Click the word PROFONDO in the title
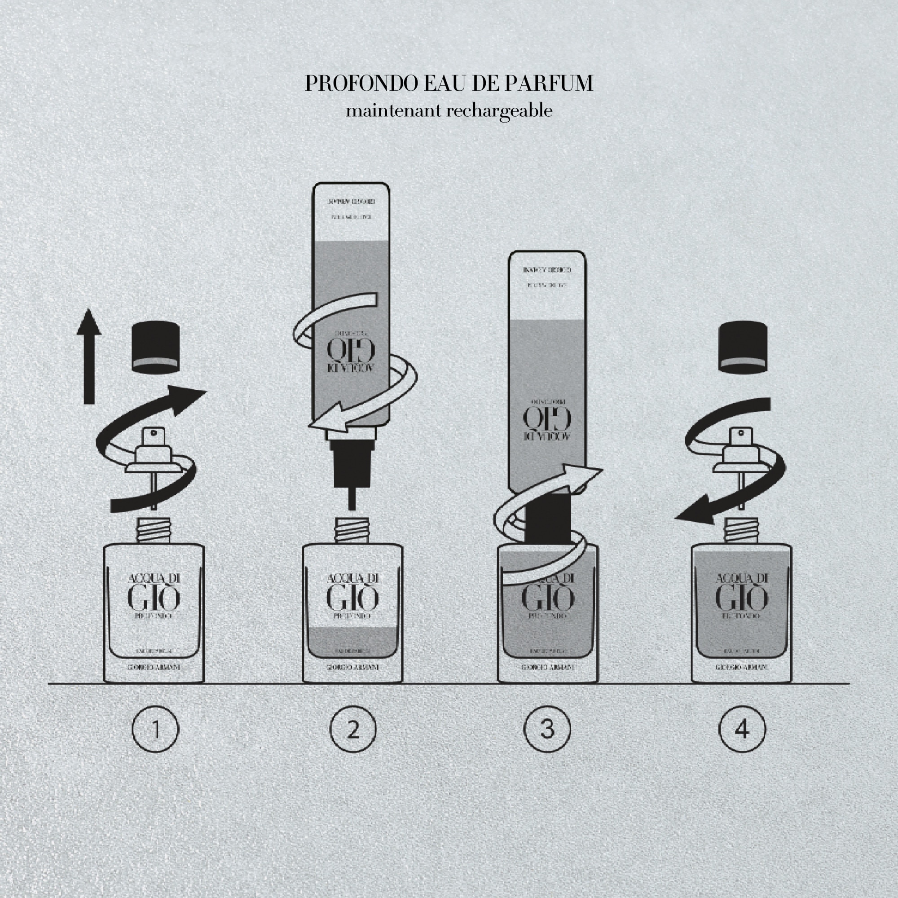click(x=361, y=84)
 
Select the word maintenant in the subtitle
click(x=393, y=111)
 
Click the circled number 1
click(x=155, y=729)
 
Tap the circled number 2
click(x=353, y=729)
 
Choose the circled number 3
click(x=547, y=729)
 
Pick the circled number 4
click(x=742, y=729)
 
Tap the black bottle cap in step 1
click(x=156, y=347)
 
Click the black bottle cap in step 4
click(x=743, y=347)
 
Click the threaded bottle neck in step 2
click(x=352, y=530)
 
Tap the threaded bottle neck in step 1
click(x=154, y=530)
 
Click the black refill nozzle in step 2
click(x=352, y=465)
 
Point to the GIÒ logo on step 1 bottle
click(x=154, y=598)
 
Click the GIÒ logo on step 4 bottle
click(x=741, y=598)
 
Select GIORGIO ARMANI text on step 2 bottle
click(x=352, y=668)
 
